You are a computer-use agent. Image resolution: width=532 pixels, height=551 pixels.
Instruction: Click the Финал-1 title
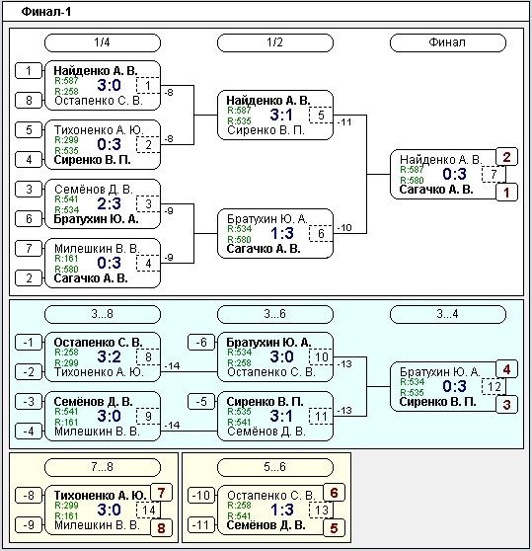pos(46,12)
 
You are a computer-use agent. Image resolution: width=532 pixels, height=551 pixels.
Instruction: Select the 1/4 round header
pos(103,42)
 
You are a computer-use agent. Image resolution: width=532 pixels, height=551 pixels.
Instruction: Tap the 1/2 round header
pos(275,42)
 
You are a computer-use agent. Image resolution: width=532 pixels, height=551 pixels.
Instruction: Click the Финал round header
pos(448,42)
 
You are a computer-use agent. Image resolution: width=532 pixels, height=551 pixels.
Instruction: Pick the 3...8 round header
pos(103,314)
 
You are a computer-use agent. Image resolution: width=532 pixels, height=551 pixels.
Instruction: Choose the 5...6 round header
pos(275,467)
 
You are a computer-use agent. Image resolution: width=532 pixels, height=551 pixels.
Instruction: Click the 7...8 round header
pos(103,467)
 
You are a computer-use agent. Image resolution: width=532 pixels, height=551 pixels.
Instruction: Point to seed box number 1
pos(29,71)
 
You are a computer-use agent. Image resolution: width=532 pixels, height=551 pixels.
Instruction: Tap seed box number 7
pos(29,249)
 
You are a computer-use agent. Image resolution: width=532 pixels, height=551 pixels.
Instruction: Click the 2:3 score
pos(110,203)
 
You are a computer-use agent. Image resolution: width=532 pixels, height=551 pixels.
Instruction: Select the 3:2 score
pos(110,357)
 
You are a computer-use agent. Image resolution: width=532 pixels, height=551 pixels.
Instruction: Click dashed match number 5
pos(321,116)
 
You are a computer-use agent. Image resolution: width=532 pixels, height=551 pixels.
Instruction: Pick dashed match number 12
pos(494,386)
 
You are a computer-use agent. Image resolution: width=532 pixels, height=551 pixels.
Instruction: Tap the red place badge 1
pos(506,193)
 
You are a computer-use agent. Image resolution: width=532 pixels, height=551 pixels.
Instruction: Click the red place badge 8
pos(161,528)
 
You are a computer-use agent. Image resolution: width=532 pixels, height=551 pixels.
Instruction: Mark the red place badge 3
pos(506,405)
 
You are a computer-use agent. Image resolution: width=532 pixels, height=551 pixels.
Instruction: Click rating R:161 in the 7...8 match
pos(66,515)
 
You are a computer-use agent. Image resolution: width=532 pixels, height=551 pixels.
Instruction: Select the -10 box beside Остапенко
pos(201,496)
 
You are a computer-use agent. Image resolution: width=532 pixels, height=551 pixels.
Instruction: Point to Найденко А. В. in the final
pos(440,160)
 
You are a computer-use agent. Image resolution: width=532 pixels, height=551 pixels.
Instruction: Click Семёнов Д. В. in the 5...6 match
pos(266,525)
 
